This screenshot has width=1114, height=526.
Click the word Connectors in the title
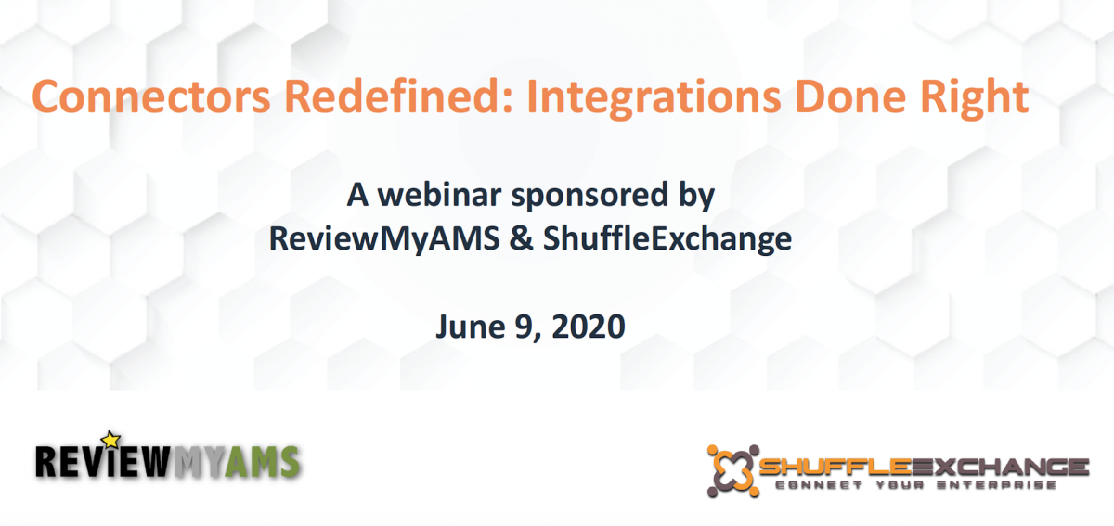point(151,96)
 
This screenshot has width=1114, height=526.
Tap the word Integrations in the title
point(654,99)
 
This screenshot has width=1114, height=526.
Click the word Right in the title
point(974,99)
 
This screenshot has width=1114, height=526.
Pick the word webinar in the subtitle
point(439,195)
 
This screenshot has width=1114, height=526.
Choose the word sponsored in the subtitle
point(589,198)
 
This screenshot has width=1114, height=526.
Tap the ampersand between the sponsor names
point(521,238)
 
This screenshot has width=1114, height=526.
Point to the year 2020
point(589,327)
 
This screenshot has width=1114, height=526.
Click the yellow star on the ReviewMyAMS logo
point(110,440)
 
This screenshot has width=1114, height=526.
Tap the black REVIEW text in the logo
point(103,461)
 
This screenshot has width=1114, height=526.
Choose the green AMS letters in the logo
point(262,462)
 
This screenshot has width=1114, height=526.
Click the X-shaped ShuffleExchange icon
point(733,471)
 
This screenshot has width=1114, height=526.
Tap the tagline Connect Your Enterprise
point(915,485)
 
